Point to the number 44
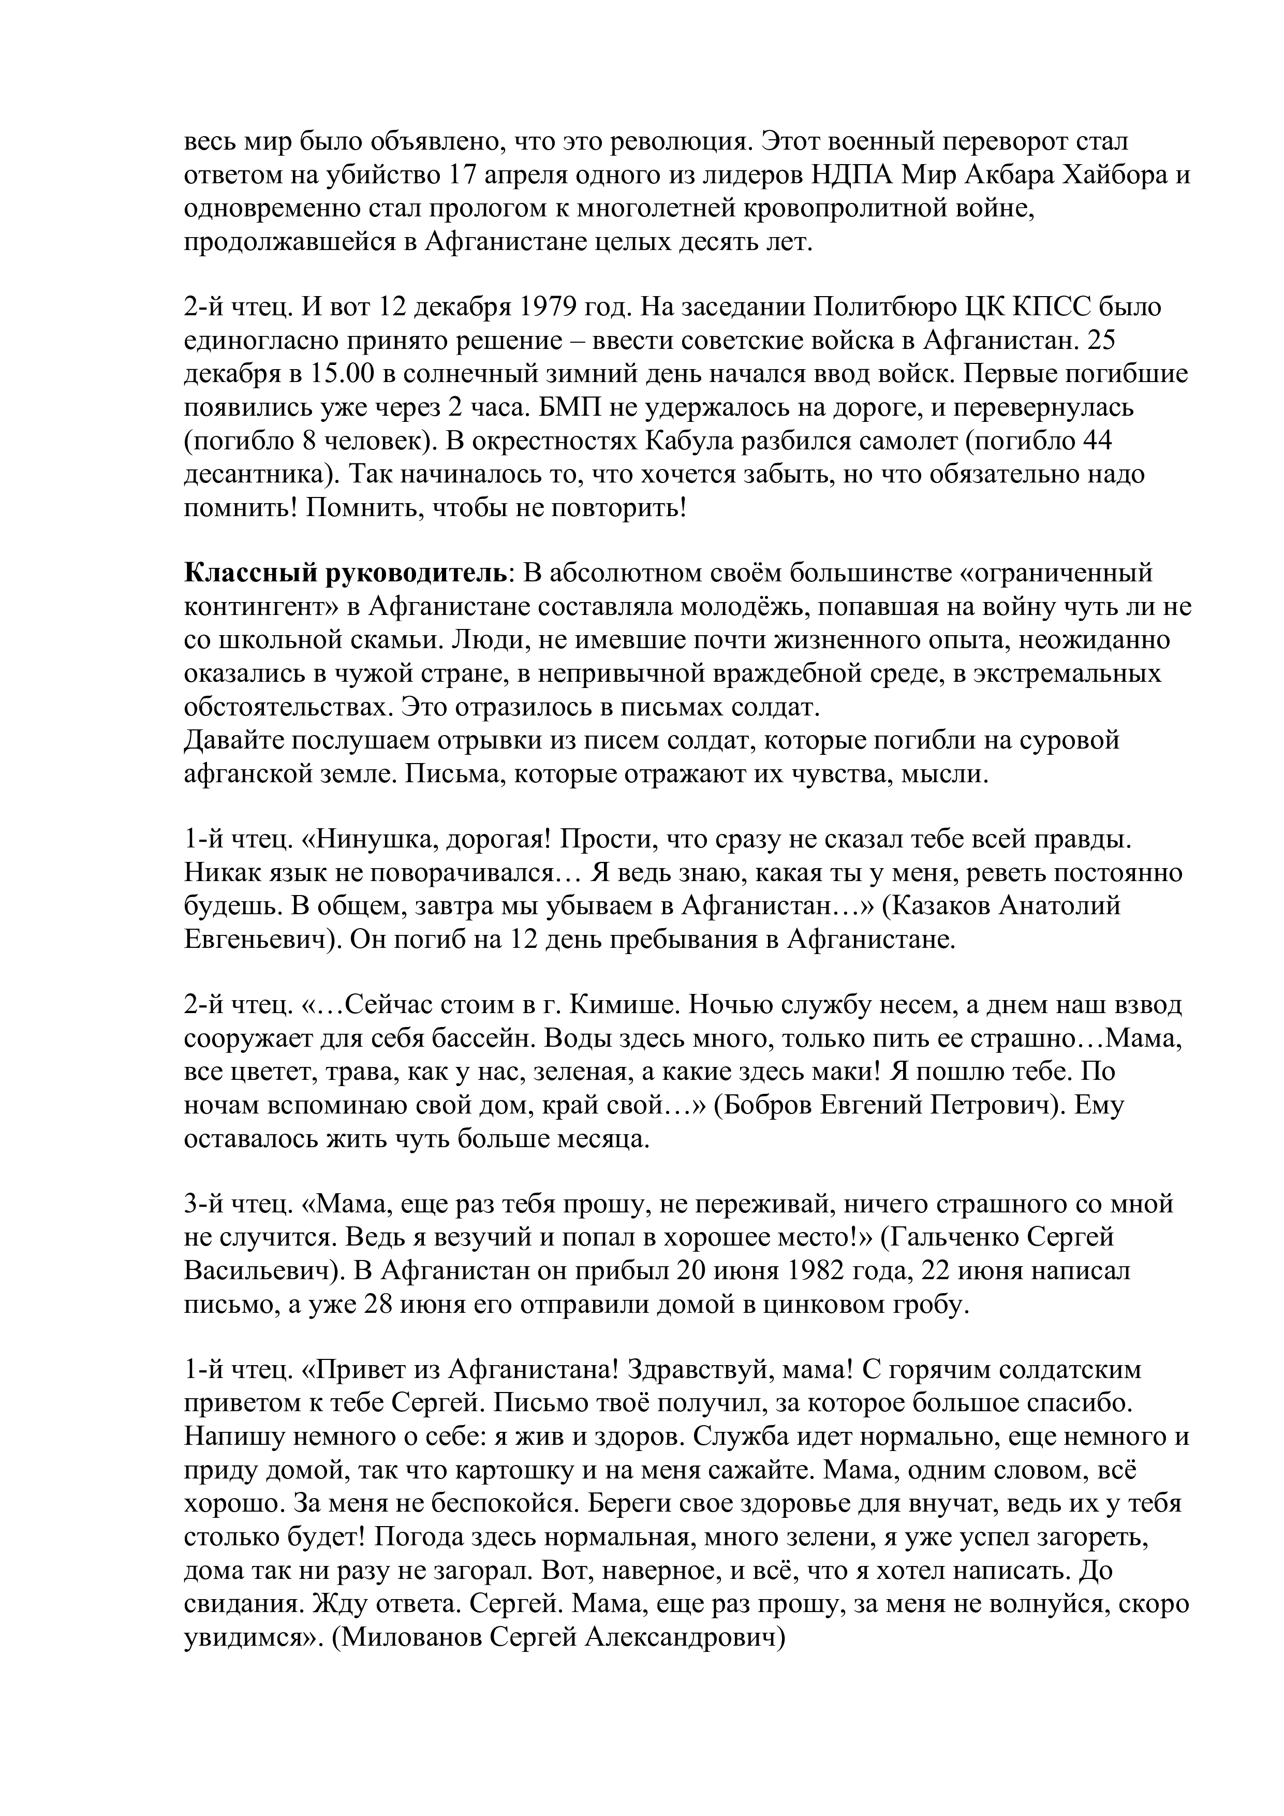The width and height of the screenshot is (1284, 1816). [1095, 441]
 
